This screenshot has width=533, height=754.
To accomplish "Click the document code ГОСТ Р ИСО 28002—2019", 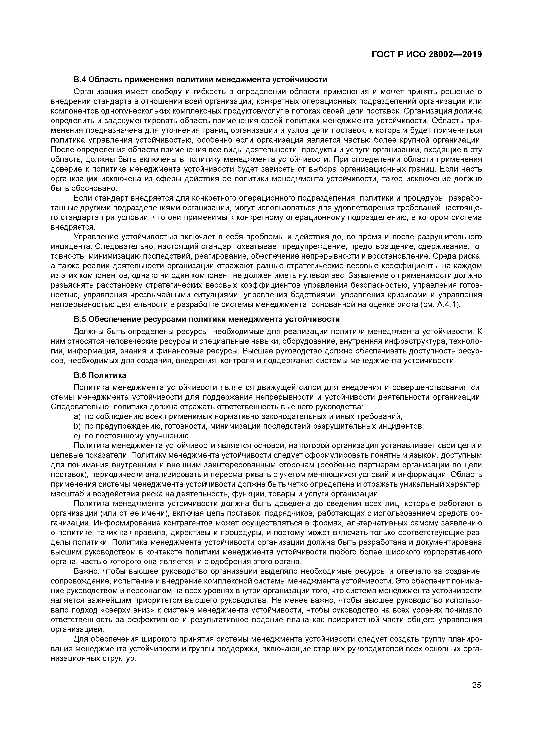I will coord(427,55).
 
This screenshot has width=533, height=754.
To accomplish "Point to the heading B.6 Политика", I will coord(100,375).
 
